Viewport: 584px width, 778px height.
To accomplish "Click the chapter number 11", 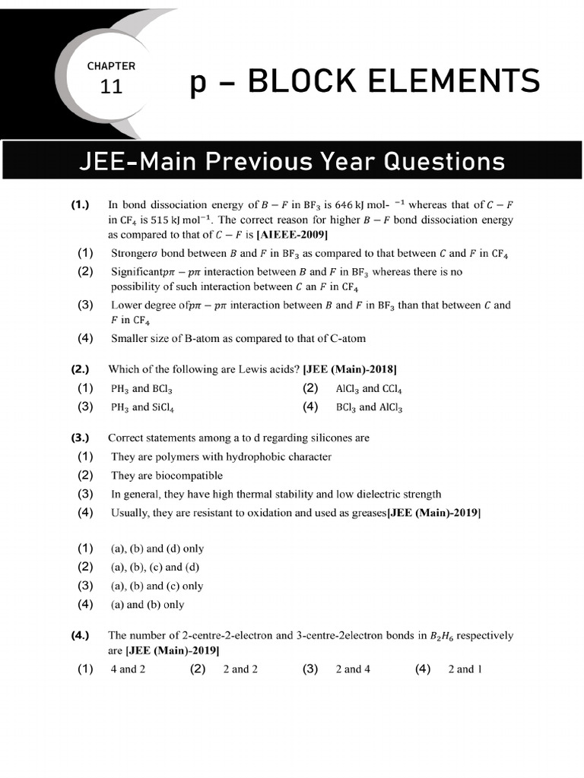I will pyautogui.click(x=111, y=87).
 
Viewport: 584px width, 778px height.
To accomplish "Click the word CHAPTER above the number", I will pyautogui.click(x=111, y=66).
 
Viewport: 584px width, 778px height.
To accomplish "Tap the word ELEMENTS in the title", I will pyautogui.click(x=444, y=81).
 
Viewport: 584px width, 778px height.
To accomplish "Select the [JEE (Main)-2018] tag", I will pyautogui.click(x=349, y=370).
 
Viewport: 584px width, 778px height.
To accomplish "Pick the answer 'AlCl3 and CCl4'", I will pyautogui.click(x=369, y=389).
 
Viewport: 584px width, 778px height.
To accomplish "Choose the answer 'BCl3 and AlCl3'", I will pyautogui.click(x=369, y=407).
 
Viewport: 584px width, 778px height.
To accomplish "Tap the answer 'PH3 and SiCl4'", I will pyautogui.click(x=142, y=407).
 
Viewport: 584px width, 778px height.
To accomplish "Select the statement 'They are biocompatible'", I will pyautogui.click(x=167, y=476).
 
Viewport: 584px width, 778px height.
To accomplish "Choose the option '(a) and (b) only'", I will pyautogui.click(x=148, y=606).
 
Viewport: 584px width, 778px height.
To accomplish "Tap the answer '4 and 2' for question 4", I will pyautogui.click(x=128, y=669).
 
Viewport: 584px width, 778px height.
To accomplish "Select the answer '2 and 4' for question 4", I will pyautogui.click(x=353, y=669).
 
